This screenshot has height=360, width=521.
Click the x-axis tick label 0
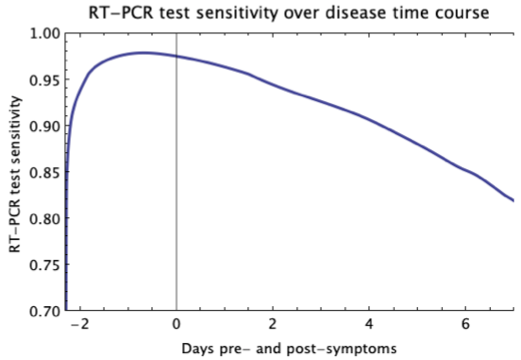pyautogui.click(x=176, y=324)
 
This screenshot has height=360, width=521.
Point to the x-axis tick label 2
pyautogui.click(x=273, y=324)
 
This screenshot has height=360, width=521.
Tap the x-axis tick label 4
pyautogui.click(x=370, y=324)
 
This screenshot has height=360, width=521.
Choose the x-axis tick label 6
pyautogui.click(x=466, y=324)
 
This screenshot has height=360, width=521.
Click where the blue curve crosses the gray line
pyautogui.click(x=176, y=56)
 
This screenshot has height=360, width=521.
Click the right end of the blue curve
pyautogui.click(x=513, y=201)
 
